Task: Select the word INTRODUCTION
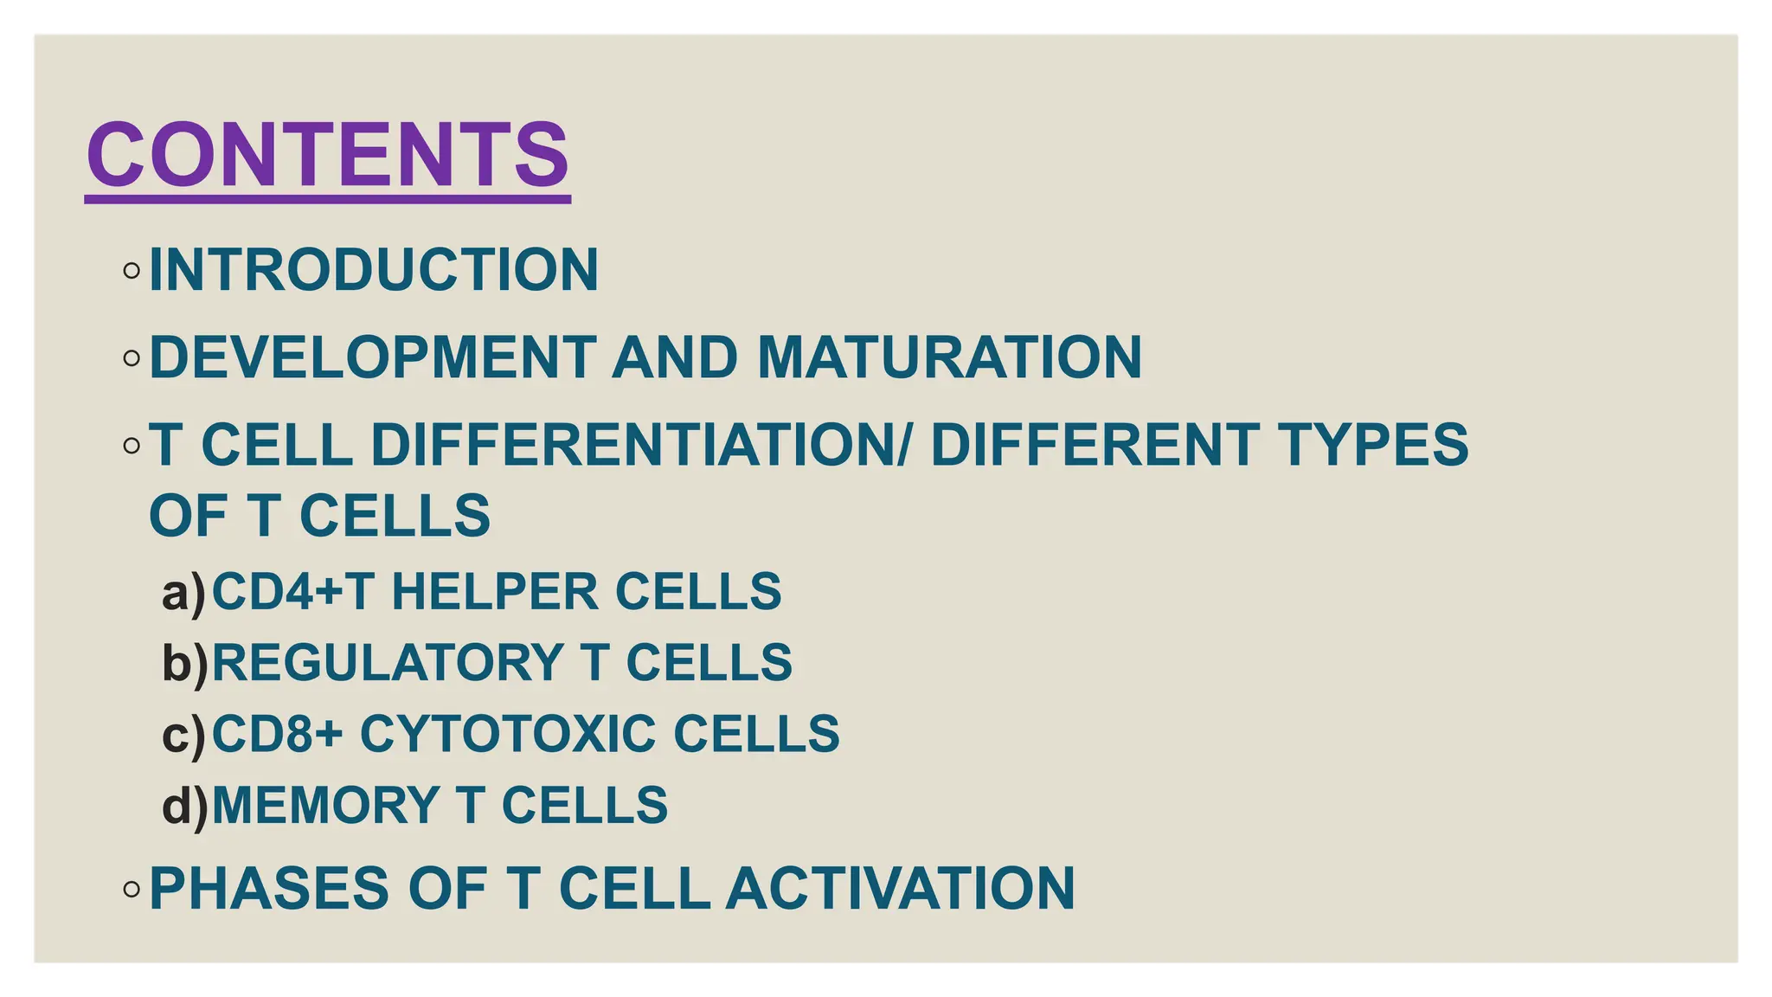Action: [x=374, y=270]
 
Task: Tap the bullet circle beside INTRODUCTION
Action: [x=132, y=271]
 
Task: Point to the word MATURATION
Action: [x=949, y=357]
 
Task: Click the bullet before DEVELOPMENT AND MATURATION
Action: [x=132, y=357]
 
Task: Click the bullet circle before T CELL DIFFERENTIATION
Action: [x=132, y=446]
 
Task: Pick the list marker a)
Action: [x=184, y=593]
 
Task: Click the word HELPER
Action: [x=495, y=592]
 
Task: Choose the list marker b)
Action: [x=185, y=664]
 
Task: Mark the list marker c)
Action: [x=184, y=735]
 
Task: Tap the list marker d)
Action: [x=185, y=806]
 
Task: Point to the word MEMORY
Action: [x=326, y=806]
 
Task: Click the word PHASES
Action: [x=268, y=889]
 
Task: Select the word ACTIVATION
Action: [x=900, y=889]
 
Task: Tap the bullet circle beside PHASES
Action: [x=132, y=889]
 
